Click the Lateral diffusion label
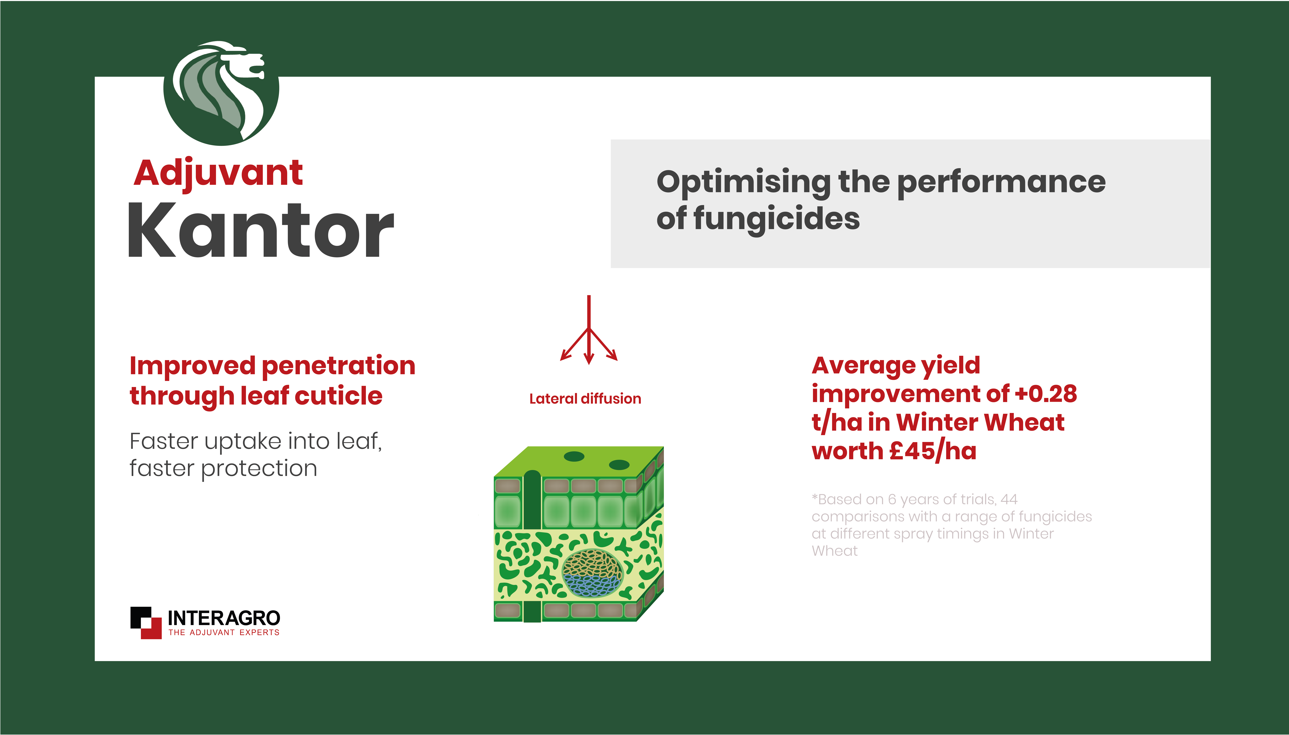(x=585, y=399)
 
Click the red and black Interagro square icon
(x=146, y=622)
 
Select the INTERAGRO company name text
(x=224, y=618)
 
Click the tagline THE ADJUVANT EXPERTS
(x=224, y=633)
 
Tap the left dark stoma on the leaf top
(x=574, y=456)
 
